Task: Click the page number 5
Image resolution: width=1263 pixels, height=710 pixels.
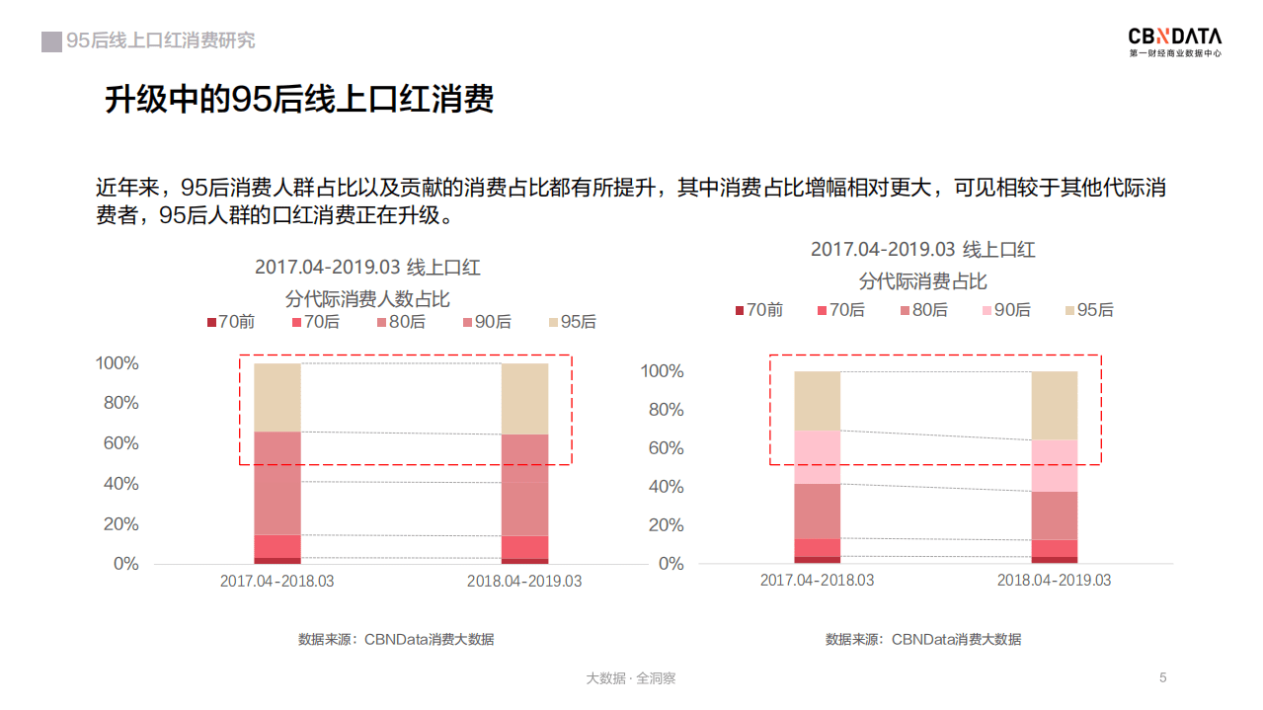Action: click(1163, 677)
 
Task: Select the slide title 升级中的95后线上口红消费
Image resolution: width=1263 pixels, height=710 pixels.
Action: click(299, 100)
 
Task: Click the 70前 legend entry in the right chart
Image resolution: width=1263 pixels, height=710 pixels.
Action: click(757, 310)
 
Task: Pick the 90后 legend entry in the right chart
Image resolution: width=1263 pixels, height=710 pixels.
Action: click(1005, 310)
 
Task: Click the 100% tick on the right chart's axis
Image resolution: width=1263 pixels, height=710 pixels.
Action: click(662, 371)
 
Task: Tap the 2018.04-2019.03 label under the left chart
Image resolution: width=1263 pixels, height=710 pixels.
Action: click(524, 582)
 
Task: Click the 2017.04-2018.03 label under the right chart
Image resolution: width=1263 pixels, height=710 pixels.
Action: click(817, 581)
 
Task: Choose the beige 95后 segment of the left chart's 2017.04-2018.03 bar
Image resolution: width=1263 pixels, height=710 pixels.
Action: click(277, 397)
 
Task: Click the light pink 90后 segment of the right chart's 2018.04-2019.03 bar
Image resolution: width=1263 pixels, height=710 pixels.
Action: click(1055, 465)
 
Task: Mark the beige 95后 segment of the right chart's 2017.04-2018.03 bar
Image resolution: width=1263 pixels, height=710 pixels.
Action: click(817, 401)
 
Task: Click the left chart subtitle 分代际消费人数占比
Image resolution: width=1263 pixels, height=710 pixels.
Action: click(367, 299)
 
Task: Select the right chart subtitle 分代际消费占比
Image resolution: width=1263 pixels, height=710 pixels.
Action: click(922, 281)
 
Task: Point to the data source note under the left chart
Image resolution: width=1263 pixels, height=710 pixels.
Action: click(396, 640)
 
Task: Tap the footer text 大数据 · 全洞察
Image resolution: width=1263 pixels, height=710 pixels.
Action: click(631, 678)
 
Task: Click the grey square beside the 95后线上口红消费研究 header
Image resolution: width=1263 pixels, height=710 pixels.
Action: click(51, 41)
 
